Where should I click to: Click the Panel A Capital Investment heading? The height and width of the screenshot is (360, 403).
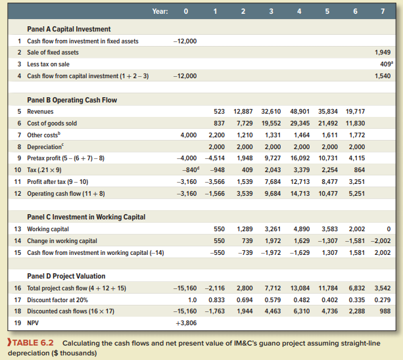(x=68, y=29)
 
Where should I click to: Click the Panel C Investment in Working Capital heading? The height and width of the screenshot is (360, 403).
(x=86, y=217)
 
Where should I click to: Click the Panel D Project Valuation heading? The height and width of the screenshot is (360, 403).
(x=66, y=276)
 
